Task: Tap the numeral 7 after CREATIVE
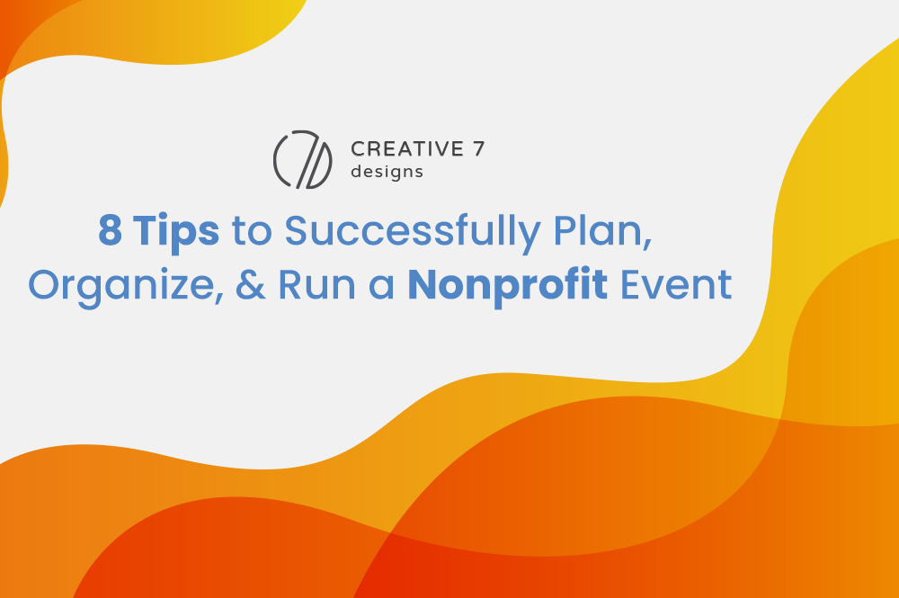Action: coord(479,149)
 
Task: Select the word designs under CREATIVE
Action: coord(387,172)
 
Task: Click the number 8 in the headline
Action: coord(110,230)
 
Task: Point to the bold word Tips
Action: coord(176,232)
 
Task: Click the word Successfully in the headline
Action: coord(413,232)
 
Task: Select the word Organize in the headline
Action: coord(121,286)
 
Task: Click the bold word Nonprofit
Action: coord(507,286)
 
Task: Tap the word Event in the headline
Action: coord(677,285)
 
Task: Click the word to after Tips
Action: coord(252,232)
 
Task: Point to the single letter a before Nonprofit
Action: coord(381,288)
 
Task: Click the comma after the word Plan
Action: coord(648,245)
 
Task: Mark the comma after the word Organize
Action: coord(219,299)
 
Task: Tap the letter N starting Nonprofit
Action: coord(422,285)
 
